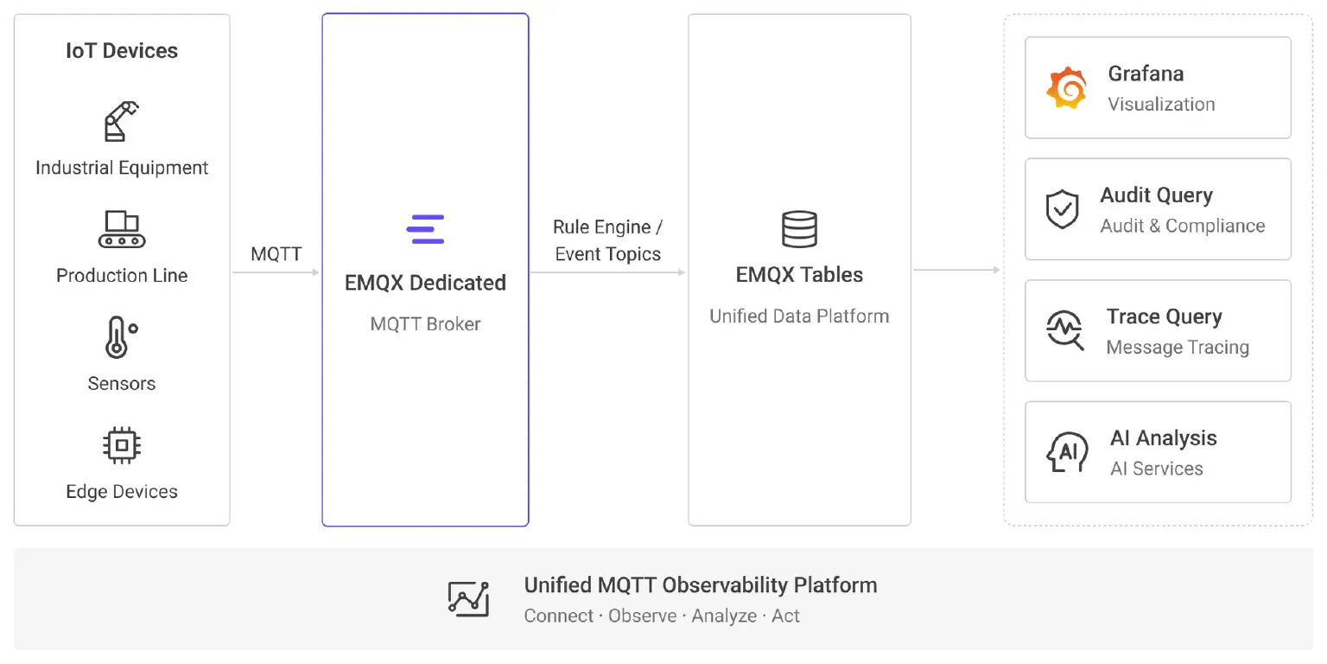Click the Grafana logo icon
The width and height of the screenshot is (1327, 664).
point(1066,87)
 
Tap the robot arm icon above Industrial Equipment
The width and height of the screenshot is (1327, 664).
point(122,121)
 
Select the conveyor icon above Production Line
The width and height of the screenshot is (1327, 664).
point(122,229)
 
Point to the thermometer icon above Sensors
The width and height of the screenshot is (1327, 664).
point(121,336)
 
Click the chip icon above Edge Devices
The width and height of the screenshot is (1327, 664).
point(122,445)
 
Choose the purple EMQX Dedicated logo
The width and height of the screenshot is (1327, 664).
point(425,229)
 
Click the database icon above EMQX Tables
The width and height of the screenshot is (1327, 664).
point(799,229)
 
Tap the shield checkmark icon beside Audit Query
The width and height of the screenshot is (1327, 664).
point(1062,209)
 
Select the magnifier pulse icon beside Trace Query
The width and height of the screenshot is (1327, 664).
point(1064,330)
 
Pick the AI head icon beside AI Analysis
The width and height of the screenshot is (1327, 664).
point(1067,452)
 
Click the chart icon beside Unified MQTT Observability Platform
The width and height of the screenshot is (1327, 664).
point(468,599)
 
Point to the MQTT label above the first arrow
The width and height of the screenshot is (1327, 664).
point(276,253)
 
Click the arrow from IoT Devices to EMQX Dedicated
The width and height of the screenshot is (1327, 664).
point(276,272)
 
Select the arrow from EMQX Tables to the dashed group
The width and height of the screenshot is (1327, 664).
point(957,270)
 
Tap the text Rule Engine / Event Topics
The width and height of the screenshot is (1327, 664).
point(608,240)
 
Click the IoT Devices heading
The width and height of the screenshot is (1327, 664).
point(122,50)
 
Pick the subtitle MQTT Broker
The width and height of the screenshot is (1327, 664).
point(425,323)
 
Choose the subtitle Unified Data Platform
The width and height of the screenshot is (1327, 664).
point(799,316)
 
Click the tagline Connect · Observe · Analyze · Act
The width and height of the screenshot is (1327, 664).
point(662,616)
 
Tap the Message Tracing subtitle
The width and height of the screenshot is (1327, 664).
point(1178,347)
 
